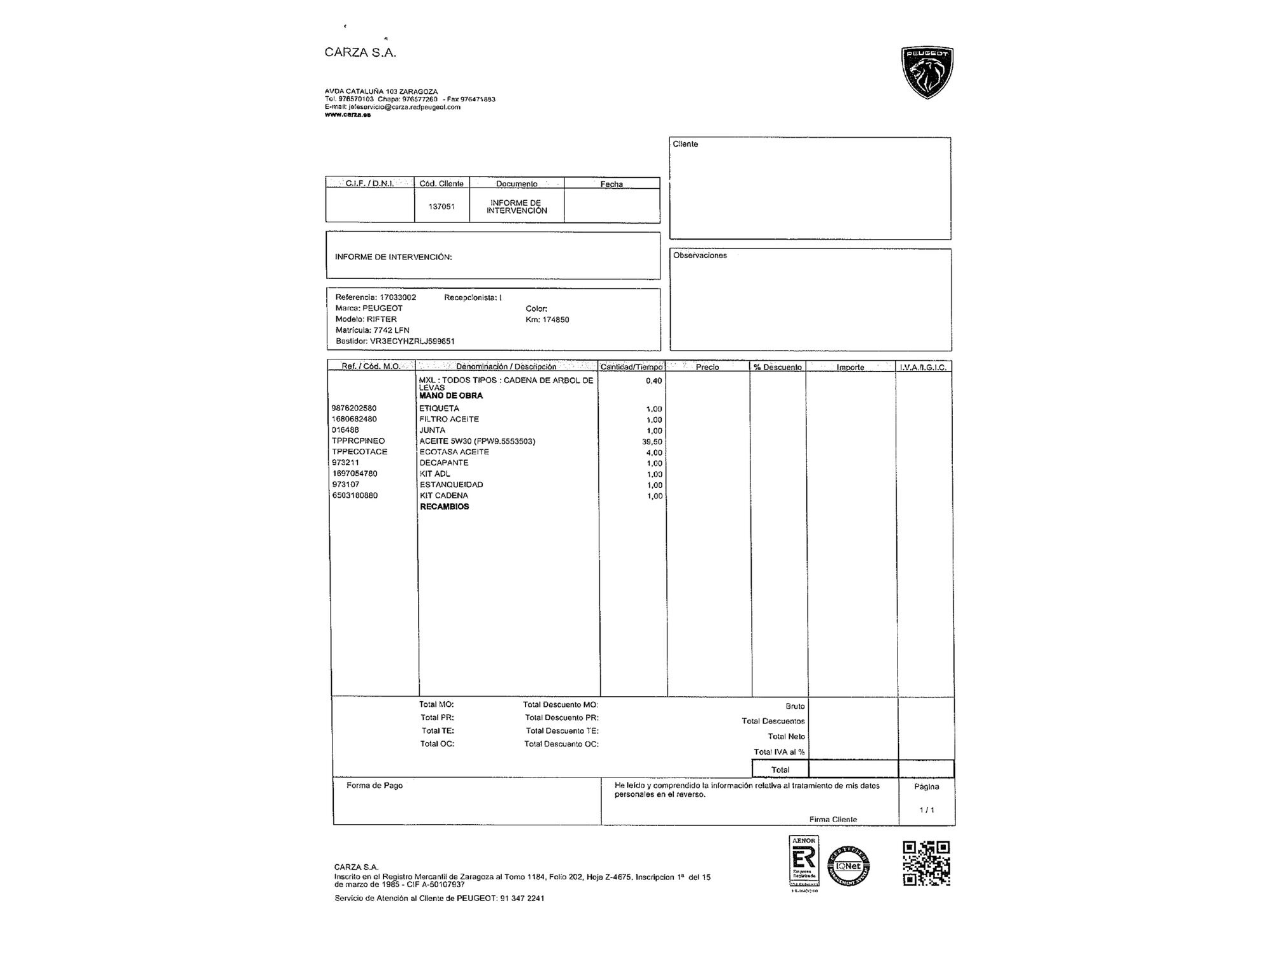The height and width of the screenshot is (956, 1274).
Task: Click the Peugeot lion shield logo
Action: click(x=927, y=72)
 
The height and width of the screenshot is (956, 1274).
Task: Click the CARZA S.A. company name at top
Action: click(x=361, y=53)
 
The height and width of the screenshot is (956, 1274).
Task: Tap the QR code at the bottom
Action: click(x=926, y=864)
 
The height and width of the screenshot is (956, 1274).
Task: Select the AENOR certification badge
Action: click(x=803, y=861)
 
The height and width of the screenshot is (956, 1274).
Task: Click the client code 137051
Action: click(x=441, y=206)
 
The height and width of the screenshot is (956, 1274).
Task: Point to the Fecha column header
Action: click(x=612, y=184)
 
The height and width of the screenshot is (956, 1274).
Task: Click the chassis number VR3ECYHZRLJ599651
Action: click(x=412, y=341)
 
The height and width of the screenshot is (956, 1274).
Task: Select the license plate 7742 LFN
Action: click(x=391, y=330)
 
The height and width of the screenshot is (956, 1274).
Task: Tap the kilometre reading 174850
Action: click(x=555, y=319)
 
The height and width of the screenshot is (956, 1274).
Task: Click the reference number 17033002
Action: click(x=397, y=298)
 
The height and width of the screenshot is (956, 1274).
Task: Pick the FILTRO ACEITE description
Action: click(x=449, y=419)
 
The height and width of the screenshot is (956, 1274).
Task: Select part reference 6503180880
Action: click(x=355, y=495)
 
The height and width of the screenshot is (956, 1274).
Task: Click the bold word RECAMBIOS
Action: click(x=445, y=507)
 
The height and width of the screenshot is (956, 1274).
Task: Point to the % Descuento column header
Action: click(x=778, y=367)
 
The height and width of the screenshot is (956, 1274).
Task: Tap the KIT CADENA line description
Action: click(x=444, y=495)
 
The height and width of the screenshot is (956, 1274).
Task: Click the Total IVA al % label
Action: click(x=779, y=752)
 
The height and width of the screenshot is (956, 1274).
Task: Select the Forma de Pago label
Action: click(x=375, y=785)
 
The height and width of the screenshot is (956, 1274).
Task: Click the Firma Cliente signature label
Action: click(x=833, y=820)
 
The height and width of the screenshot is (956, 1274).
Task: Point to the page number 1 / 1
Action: click(x=927, y=810)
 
